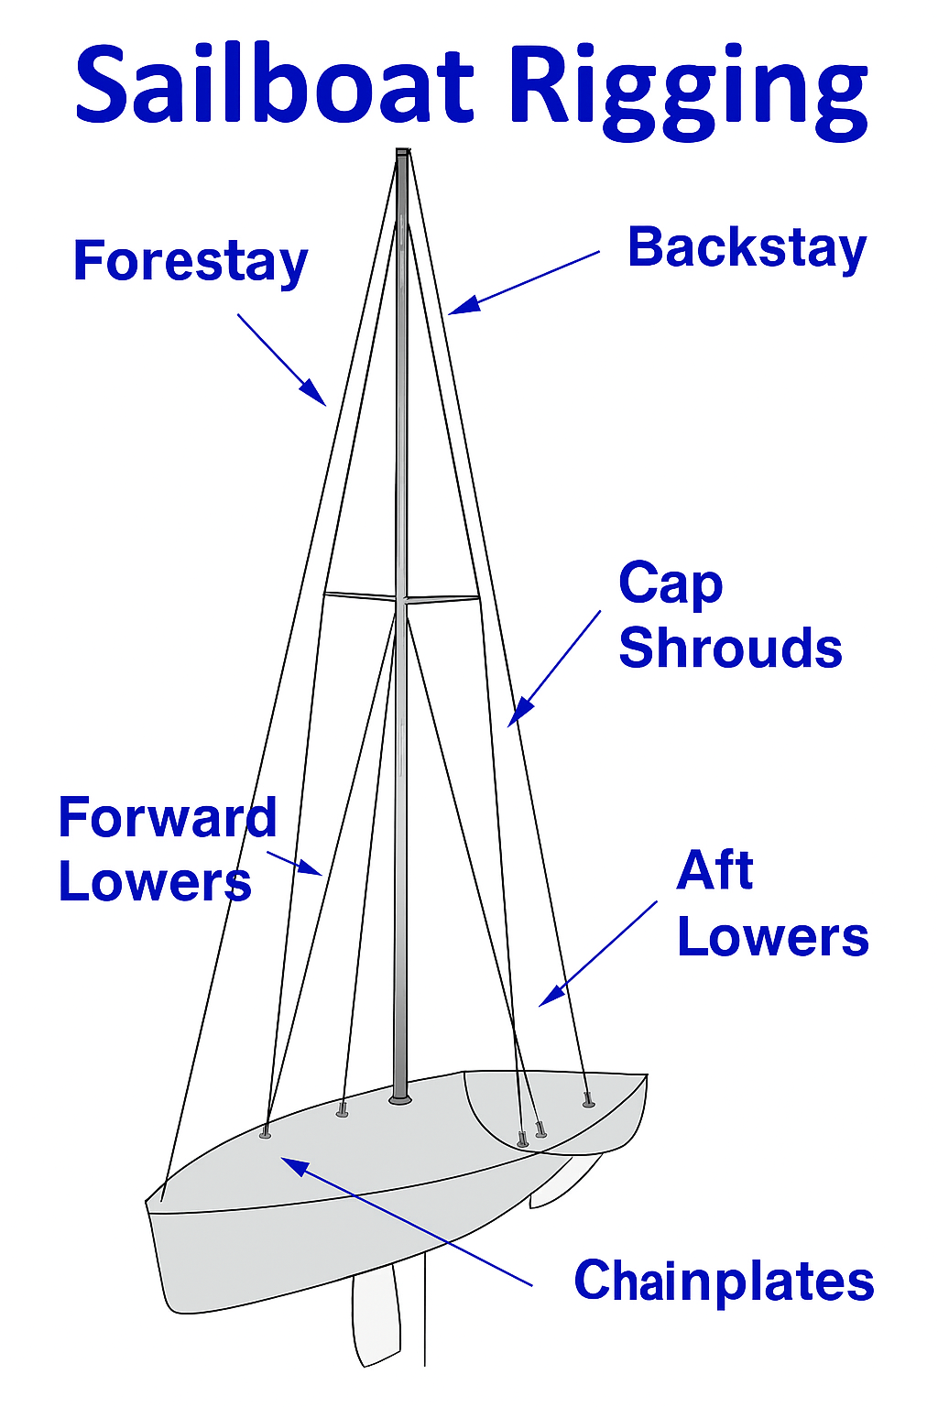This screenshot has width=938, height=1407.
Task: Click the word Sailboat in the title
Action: tap(275, 87)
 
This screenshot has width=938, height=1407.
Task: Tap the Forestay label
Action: tap(191, 262)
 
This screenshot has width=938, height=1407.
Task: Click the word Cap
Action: tap(671, 584)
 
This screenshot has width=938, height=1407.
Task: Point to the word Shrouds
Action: tap(730, 649)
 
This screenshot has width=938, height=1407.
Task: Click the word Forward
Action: tap(167, 817)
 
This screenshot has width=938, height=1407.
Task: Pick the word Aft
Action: tap(714, 870)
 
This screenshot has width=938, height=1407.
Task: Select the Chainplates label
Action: tap(724, 1281)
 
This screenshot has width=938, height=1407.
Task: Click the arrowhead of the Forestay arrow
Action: tap(322, 401)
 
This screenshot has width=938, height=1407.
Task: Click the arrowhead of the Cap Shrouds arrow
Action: tap(512, 722)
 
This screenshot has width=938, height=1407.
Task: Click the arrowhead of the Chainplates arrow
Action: tap(286, 1162)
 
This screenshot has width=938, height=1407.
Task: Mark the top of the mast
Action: tap(402, 152)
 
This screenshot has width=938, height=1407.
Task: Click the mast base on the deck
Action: tap(400, 1097)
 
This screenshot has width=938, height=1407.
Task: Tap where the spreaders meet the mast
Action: tap(401, 601)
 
